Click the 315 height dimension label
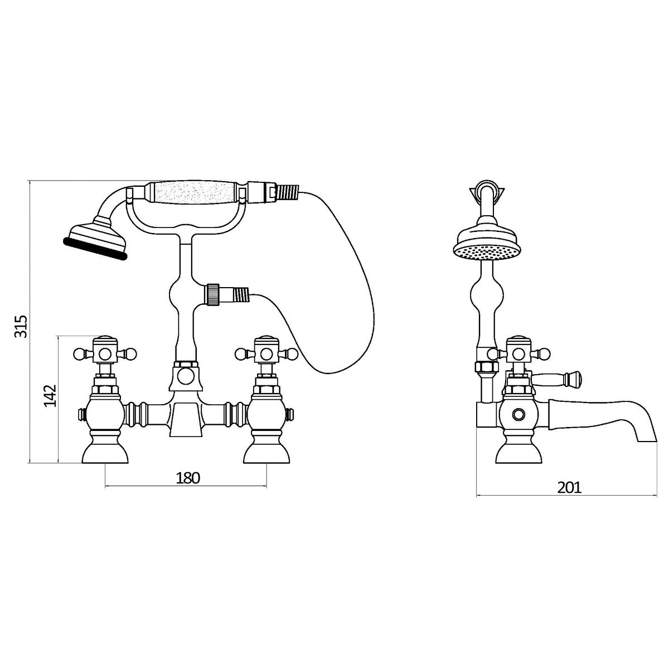21,326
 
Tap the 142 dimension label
50,395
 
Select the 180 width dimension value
188,478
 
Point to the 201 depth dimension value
569,488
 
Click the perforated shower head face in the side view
487,253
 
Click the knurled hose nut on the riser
212,295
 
